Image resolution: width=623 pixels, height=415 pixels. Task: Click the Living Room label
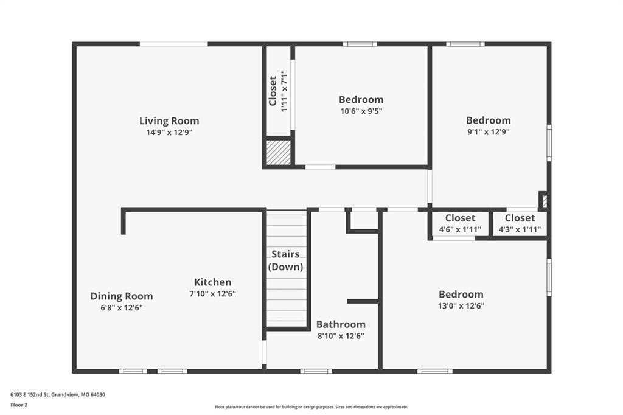(x=169, y=121)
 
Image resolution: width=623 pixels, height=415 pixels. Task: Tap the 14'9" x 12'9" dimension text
(x=169, y=133)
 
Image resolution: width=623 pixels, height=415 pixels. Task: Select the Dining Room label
(x=122, y=296)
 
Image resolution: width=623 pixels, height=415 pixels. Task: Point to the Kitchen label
(x=212, y=282)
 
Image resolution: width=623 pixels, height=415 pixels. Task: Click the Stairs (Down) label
(x=286, y=260)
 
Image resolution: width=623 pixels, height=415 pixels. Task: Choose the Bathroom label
(x=341, y=324)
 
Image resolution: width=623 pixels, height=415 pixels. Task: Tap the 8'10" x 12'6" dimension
(x=341, y=336)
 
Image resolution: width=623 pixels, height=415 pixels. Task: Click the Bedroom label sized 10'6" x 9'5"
(x=361, y=99)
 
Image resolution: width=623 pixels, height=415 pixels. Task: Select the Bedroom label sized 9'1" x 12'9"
(x=489, y=120)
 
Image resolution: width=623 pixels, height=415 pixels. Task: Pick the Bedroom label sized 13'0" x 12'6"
(x=461, y=294)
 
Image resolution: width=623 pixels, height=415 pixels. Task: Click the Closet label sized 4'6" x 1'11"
(x=460, y=218)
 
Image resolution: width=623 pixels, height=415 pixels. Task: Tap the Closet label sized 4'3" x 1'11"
(x=520, y=218)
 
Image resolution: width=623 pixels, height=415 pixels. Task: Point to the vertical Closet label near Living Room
(x=273, y=91)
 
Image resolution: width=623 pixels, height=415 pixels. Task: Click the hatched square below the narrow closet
(x=278, y=152)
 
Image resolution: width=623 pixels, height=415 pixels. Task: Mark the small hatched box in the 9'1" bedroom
(x=545, y=201)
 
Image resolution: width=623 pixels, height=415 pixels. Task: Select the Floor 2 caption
(x=19, y=405)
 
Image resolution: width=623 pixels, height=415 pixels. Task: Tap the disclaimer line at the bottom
(x=311, y=407)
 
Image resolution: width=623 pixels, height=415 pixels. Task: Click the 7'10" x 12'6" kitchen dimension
(x=212, y=294)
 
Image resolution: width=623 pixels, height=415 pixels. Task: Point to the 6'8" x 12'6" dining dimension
(x=122, y=308)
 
